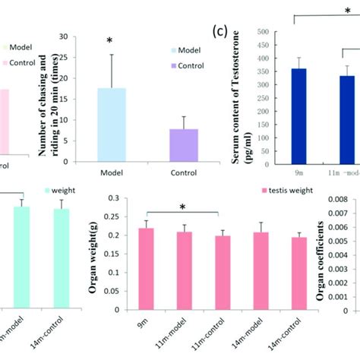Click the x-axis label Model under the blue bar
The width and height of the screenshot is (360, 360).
[x=112, y=172]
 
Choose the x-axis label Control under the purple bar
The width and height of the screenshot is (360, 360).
[x=184, y=172]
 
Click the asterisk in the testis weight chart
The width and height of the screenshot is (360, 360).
[x=183, y=207]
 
